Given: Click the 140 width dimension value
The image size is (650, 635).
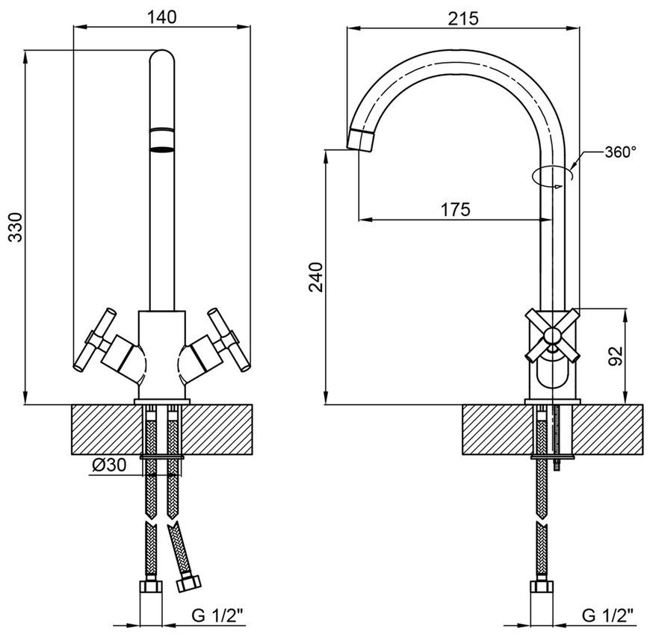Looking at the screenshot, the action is (x=161, y=17).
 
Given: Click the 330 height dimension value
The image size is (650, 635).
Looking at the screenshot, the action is (x=16, y=227).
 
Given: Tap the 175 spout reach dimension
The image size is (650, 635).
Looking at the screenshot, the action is (x=455, y=209).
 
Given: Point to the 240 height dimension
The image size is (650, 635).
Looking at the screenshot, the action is (x=316, y=277).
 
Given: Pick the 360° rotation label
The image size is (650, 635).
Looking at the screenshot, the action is (x=620, y=152).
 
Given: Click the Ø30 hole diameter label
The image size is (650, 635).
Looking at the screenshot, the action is (x=109, y=465).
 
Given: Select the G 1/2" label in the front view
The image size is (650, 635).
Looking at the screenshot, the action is (x=217, y=616).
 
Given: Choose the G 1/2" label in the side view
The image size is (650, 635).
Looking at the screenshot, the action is (x=607, y=616).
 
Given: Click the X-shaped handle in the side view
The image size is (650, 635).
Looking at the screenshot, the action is (x=552, y=335).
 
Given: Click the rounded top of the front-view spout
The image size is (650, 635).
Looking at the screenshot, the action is (x=161, y=56).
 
